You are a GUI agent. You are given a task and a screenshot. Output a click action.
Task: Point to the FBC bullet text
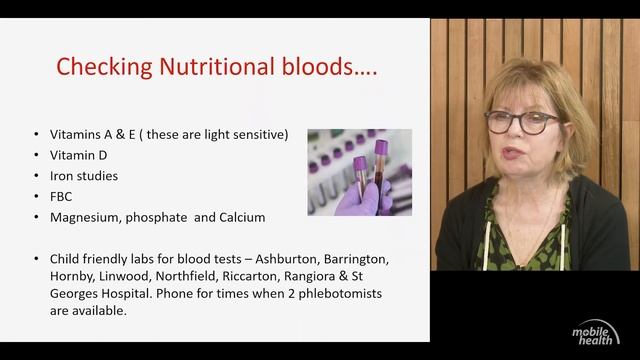pyautogui.click(x=62, y=196)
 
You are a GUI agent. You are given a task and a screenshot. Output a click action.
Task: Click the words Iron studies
pyautogui.click(x=84, y=176)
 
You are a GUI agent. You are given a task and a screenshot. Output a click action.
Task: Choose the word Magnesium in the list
pyautogui.click(x=86, y=217)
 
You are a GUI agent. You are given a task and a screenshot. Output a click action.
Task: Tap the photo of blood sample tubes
pyautogui.click(x=359, y=172)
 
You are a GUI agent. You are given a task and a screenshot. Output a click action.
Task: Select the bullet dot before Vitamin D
pyautogui.click(x=37, y=155)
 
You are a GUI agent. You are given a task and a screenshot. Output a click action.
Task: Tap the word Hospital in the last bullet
pyautogui.click(x=121, y=293)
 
